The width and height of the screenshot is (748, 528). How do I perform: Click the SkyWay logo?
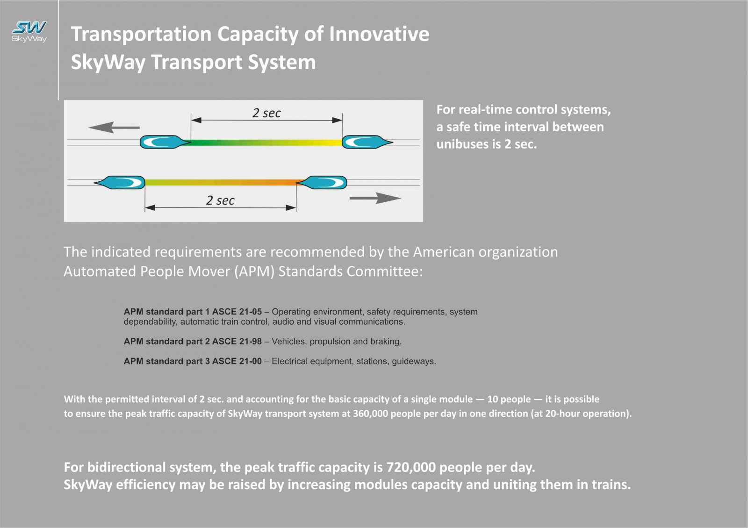[x=29, y=31]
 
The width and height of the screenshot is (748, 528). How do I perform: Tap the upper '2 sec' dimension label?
[x=266, y=113]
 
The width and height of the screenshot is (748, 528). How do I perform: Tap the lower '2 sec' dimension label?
[x=220, y=200]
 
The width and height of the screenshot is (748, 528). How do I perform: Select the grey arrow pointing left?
[x=114, y=127]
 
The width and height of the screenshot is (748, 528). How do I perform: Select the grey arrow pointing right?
[x=375, y=198]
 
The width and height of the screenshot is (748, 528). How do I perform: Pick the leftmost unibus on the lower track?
[x=119, y=183]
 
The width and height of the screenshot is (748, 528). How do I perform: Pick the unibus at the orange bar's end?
[x=322, y=183]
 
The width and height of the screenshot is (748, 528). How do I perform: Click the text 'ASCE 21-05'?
[x=237, y=312]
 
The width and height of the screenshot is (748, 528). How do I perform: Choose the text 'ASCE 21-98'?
[x=237, y=342]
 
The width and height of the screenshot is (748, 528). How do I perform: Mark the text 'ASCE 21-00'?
[x=237, y=361]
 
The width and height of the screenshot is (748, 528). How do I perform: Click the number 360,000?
[x=370, y=414]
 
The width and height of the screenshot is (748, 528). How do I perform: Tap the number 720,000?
[x=411, y=467]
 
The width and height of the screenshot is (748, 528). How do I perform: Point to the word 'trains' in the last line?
[x=611, y=485]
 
